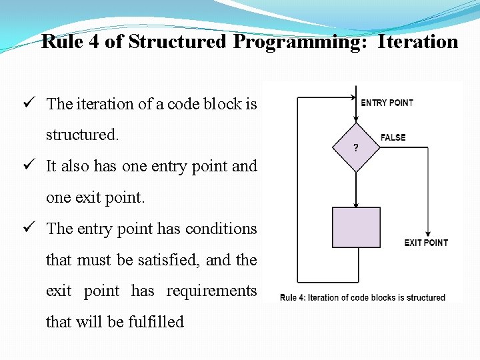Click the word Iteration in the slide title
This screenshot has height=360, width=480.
pos(418,42)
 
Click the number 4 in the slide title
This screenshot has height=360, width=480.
pos(94,42)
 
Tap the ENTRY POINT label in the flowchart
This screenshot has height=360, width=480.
pos(387,103)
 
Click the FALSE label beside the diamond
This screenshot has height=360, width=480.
pos(393,137)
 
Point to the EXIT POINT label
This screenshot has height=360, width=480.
pos(426,242)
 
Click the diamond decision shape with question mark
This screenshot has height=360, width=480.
pos(356,147)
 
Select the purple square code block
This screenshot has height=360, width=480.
pos(356,227)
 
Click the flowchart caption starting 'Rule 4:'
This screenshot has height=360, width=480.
pos(362,297)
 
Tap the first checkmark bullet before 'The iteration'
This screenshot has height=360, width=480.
pos(28,103)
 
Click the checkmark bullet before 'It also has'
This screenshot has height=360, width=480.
pos(28,166)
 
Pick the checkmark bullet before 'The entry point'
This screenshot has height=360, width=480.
pos(28,228)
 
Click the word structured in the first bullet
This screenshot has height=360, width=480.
pos(81,135)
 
